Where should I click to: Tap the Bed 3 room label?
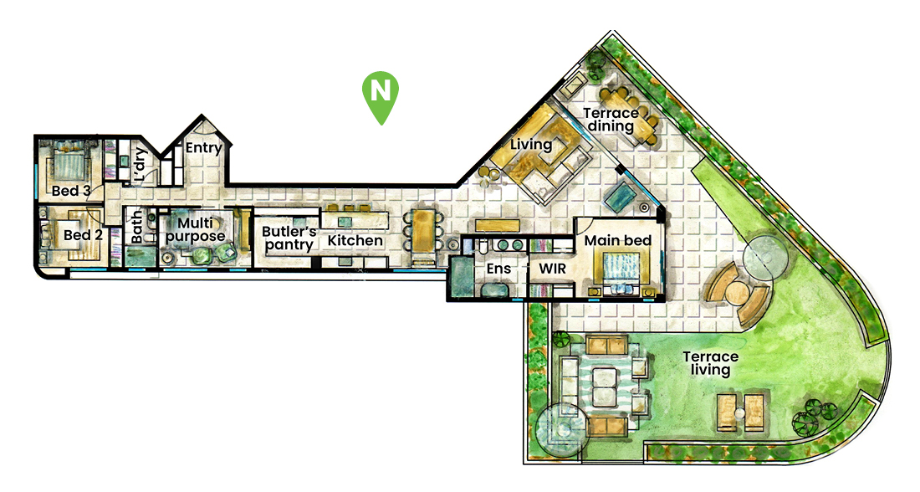click(71, 191)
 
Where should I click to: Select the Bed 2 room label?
click(83, 235)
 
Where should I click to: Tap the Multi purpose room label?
click(200, 229)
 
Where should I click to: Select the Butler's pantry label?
click(289, 238)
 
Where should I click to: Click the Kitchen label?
click(355, 241)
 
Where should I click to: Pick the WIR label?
click(553, 270)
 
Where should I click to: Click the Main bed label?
click(617, 240)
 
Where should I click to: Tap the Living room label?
click(532, 145)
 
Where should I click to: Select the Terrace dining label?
click(611, 120)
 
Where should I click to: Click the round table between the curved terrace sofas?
click(738, 294)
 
